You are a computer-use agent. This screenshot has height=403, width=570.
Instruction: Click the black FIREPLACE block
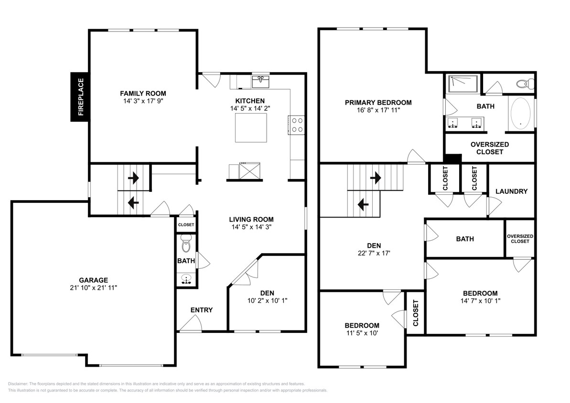[80, 97]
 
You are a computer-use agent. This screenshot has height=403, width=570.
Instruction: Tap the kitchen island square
[251, 127]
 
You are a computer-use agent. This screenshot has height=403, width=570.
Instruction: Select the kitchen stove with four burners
[296, 125]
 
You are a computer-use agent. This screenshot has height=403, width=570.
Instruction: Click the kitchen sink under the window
[260, 81]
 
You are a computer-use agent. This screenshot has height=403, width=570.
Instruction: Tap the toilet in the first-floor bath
[186, 244]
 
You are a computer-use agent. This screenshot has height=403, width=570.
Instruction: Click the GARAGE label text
[93, 280]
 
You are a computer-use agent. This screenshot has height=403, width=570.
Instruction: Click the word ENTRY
[201, 310]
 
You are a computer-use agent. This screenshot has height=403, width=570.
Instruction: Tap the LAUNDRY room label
[511, 191]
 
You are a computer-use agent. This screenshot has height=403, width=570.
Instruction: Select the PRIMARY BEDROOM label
[378, 102]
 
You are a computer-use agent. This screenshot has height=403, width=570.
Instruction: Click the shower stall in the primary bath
[462, 85]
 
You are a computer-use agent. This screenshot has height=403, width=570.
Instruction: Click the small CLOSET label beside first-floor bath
[186, 224]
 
